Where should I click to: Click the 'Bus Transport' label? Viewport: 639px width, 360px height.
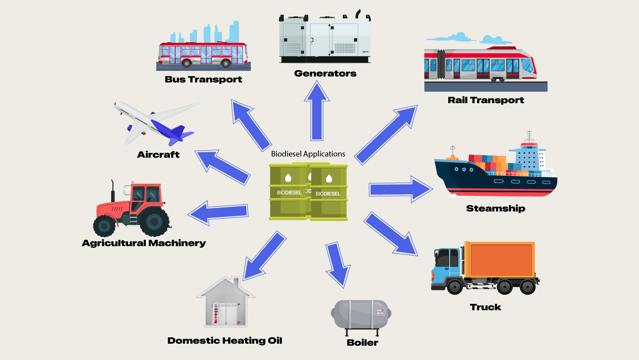click(203, 79)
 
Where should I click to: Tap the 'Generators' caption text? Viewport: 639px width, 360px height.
click(325, 73)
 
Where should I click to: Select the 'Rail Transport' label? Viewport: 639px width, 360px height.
click(486, 100)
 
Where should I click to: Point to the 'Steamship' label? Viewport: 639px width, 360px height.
click(496, 208)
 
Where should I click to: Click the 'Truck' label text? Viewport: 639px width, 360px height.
click(485, 307)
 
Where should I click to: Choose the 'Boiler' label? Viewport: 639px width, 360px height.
click(362, 342)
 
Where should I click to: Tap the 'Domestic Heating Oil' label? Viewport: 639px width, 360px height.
click(225, 340)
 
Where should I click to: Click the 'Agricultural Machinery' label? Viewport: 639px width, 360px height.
click(144, 243)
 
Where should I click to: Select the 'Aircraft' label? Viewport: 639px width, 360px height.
click(158, 155)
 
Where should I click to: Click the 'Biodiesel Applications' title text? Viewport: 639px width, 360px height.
click(308, 154)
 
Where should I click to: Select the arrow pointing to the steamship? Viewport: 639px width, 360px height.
click(400, 189)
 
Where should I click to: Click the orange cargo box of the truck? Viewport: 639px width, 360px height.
click(501, 260)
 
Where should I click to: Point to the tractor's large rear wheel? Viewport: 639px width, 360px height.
click(154, 221)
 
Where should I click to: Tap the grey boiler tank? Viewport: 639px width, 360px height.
click(360, 314)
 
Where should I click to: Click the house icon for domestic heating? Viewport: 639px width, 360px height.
click(226, 303)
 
